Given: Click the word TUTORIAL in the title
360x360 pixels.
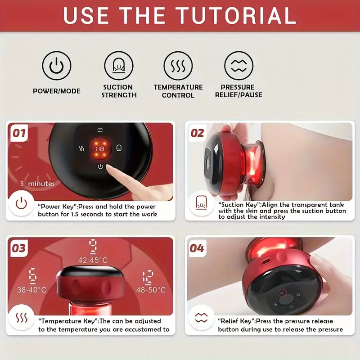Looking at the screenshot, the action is (237, 15).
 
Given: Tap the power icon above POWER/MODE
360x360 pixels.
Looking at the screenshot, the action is (57, 66).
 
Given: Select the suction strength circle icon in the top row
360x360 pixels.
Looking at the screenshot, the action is (118, 66).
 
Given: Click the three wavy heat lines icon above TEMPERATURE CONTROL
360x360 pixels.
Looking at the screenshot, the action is (178, 66).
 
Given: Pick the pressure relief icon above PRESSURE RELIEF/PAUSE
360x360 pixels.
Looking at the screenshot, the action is (238, 66).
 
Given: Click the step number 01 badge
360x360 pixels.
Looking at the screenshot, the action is (19, 133).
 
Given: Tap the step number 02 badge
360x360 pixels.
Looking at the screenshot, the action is (197, 133).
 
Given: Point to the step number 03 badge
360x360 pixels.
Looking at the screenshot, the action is (19, 248).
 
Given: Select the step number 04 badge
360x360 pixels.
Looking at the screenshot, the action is (197, 248).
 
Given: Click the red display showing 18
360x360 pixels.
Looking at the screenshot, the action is (100, 149).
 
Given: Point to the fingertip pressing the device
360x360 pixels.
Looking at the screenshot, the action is (109, 168).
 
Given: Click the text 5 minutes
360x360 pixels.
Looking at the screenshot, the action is (37, 184).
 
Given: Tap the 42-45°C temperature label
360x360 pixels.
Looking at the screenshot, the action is (93, 260).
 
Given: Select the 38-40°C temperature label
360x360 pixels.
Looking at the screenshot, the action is (31, 290).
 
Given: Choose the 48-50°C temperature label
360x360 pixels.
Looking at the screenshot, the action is (151, 290).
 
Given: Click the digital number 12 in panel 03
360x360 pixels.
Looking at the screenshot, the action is (148, 277).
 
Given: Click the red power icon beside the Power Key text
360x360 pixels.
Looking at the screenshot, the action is (21, 203).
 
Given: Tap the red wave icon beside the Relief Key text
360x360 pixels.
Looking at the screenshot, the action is (201, 318).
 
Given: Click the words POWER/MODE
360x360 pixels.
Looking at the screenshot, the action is (57, 91).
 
